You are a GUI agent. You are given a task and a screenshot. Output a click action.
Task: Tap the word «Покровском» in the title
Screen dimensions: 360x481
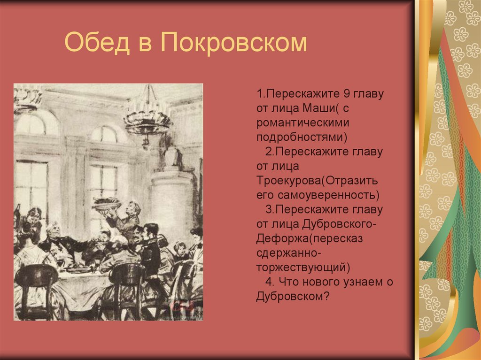tap(233, 43)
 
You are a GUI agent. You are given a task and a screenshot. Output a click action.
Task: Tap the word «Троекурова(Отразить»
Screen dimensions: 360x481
tap(318, 180)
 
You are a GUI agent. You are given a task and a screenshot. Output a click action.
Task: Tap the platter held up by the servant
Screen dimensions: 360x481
tap(106, 204)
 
